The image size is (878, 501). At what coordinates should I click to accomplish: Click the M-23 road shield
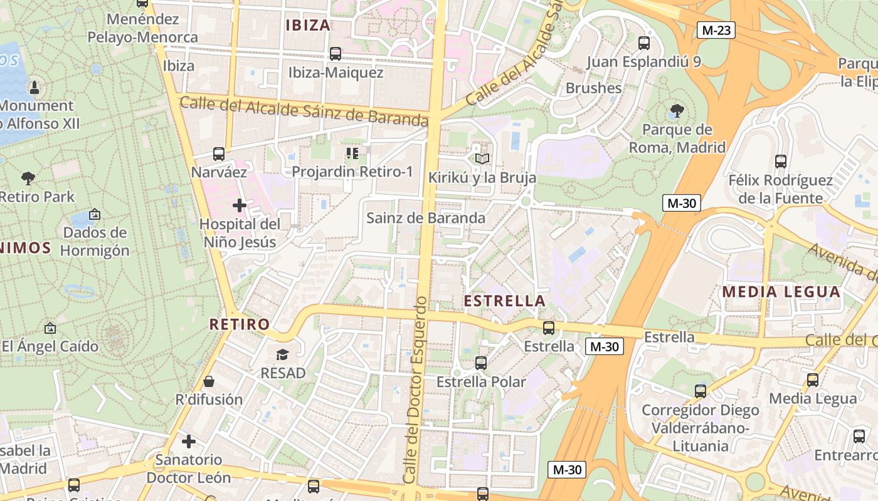point(716,29)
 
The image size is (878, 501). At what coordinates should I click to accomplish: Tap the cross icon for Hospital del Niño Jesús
point(239,205)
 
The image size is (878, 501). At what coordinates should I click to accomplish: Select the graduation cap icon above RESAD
point(283,354)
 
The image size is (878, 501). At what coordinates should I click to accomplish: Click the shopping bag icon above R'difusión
point(209,381)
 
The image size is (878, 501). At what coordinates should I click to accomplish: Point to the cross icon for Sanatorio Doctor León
point(189,442)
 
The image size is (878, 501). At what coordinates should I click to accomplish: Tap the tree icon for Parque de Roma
point(677,111)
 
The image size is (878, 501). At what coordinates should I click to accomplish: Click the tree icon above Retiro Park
point(28,178)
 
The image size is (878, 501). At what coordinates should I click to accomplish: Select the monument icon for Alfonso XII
point(34,87)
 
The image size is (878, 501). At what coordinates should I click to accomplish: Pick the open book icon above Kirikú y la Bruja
point(482,159)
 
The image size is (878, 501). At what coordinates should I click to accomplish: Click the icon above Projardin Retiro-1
point(352,153)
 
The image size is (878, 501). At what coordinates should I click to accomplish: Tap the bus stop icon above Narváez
point(219,153)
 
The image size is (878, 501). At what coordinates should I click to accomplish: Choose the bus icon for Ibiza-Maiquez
point(336,54)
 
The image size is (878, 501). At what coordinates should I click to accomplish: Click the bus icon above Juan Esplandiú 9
point(643,43)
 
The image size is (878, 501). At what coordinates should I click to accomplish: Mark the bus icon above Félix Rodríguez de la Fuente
point(781,162)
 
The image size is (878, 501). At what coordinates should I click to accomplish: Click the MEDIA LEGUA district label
point(781,292)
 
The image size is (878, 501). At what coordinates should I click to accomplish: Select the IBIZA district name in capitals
point(307,25)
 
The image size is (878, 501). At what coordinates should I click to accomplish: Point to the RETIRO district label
point(240,324)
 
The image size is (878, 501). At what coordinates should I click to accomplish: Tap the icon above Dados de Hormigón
point(95,214)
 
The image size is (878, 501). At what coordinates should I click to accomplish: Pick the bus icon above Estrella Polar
point(481,363)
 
